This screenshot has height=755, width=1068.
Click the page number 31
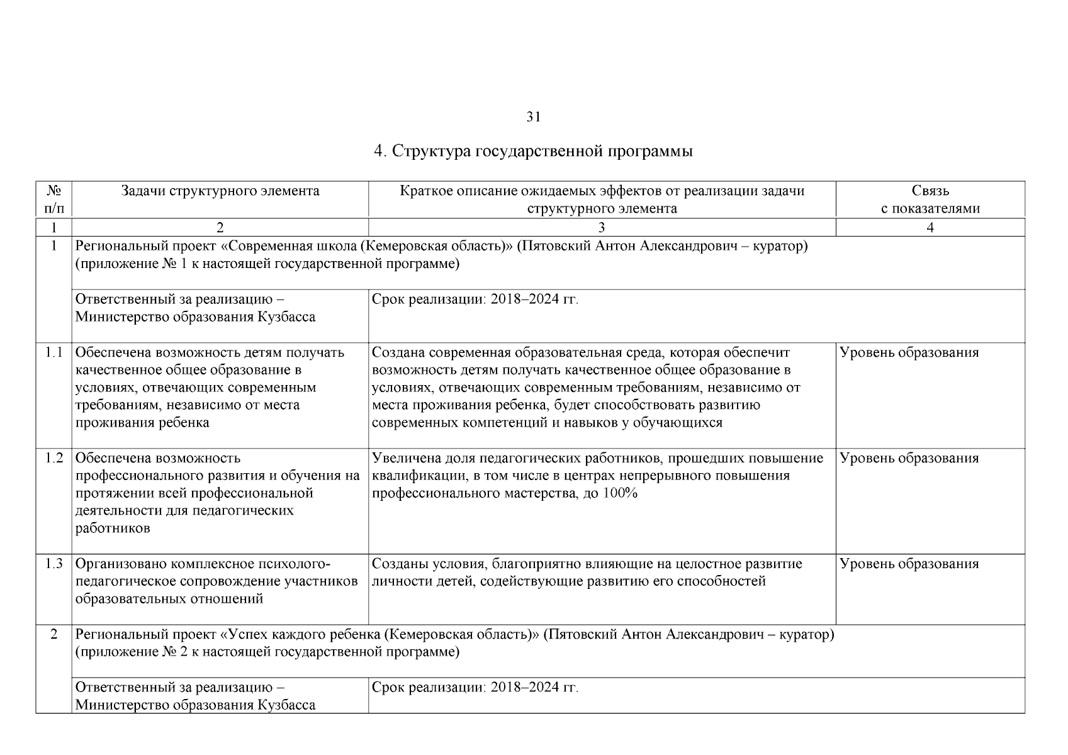click(x=533, y=117)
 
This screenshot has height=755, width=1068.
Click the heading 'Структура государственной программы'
click(x=541, y=152)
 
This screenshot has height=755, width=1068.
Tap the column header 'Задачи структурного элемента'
click(x=220, y=191)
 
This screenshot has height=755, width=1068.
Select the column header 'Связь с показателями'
click(x=930, y=199)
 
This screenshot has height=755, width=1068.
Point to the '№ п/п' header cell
click(x=54, y=199)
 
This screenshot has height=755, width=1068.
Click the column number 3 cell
click(x=601, y=228)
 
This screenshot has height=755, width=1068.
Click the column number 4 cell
click(x=930, y=228)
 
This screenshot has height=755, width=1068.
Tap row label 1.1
click(x=54, y=352)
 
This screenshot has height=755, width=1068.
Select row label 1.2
click(x=54, y=458)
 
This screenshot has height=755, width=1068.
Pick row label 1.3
click(x=54, y=564)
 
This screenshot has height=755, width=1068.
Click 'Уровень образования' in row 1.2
click(x=909, y=458)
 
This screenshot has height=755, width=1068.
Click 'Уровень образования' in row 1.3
click(x=909, y=564)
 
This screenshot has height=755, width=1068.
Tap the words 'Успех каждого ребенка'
click(x=305, y=634)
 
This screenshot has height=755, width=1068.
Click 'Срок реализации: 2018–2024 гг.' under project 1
click(x=475, y=299)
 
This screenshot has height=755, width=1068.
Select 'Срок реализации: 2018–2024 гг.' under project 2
click(x=475, y=687)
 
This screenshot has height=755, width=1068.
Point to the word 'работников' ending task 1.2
click(x=113, y=528)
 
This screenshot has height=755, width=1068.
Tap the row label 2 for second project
click(x=54, y=634)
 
